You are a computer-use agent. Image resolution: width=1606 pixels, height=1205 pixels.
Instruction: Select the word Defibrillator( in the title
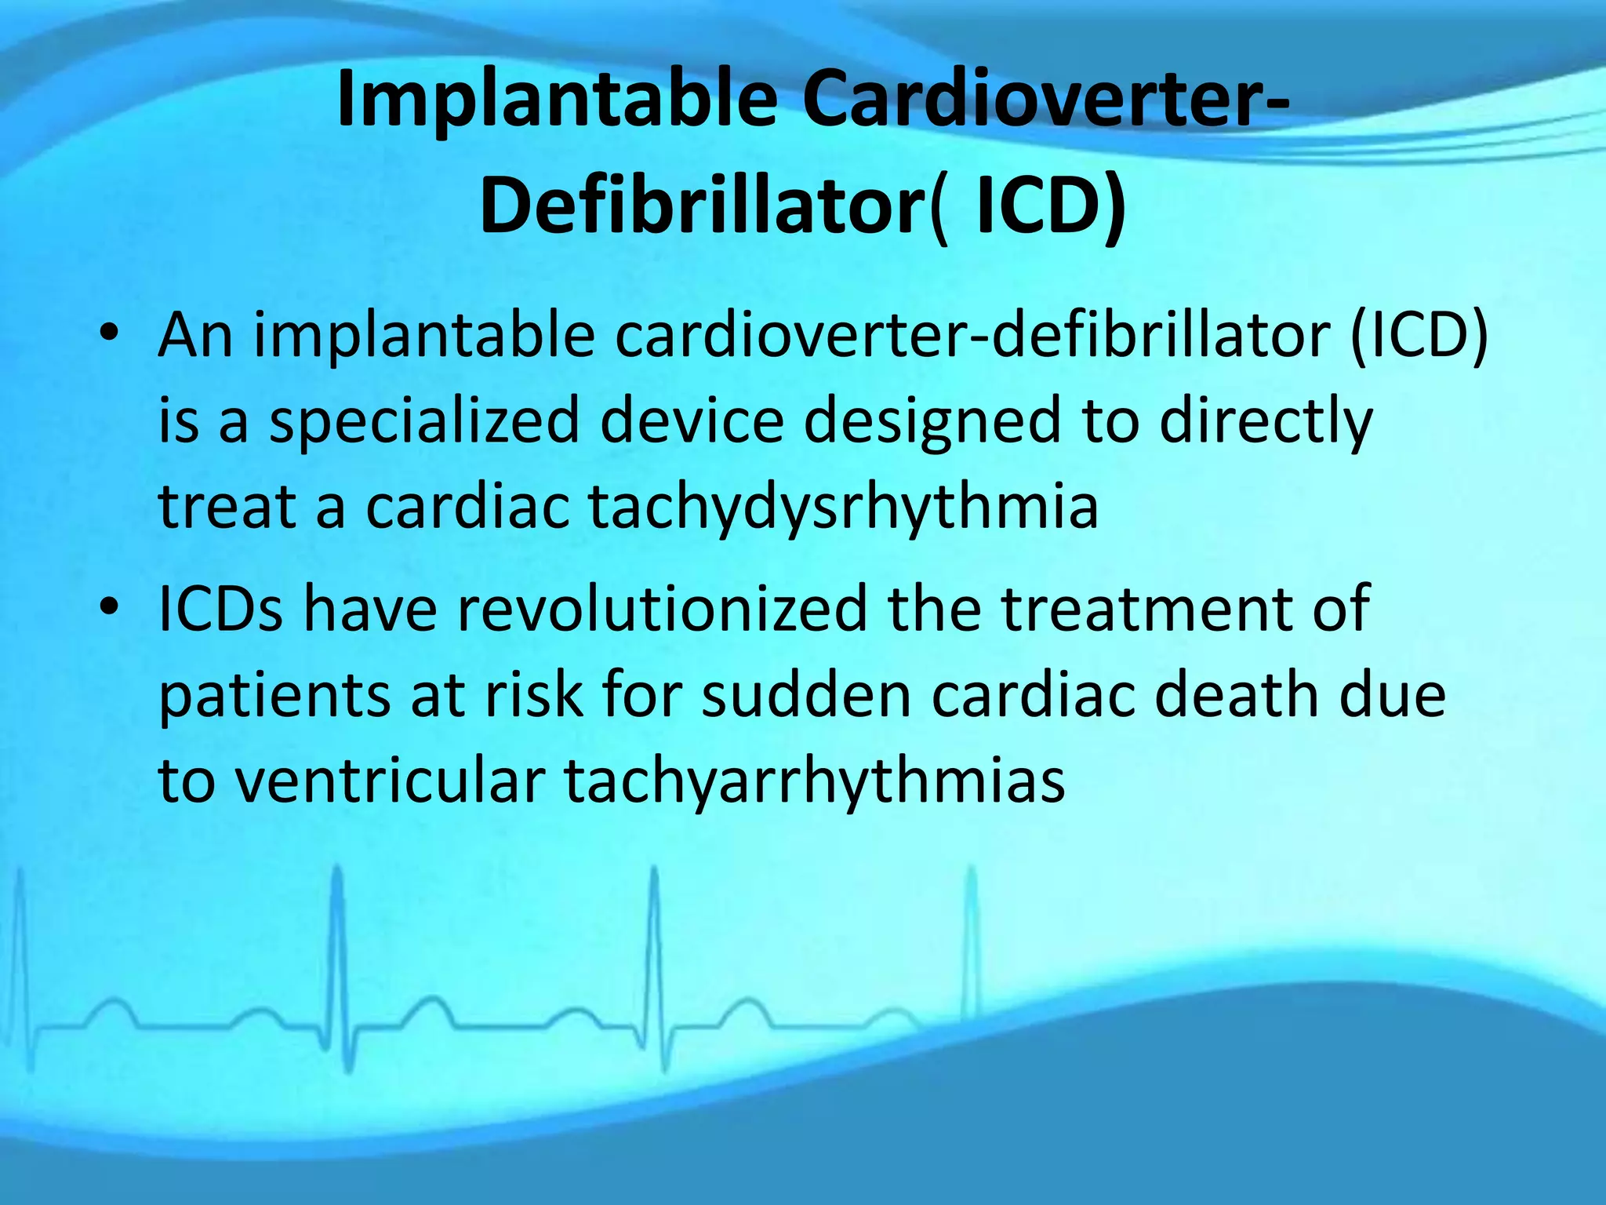(x=714, y=206)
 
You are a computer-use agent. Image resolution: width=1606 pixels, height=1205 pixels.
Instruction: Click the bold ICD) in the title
(x=1051, y=206)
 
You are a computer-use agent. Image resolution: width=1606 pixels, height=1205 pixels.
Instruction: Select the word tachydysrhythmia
(x=843, y=508)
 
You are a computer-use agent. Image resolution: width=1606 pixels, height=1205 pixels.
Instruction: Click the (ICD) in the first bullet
(x=1419, y=336)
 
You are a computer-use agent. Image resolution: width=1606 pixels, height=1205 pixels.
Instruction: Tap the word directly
(x=1266, y=422)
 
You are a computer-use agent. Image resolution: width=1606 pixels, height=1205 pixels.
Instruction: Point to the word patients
(x=274, y=697)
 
